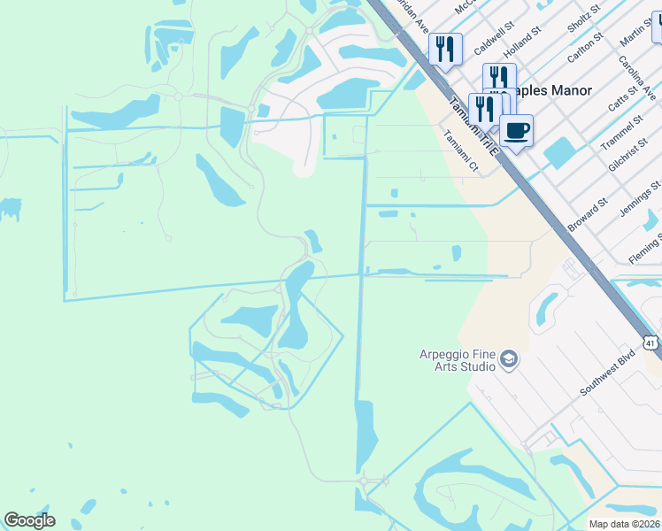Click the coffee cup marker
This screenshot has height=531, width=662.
coord(516,132)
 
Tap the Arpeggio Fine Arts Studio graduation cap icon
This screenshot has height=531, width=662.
coord(508,358)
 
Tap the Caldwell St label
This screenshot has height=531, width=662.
coord(494,41)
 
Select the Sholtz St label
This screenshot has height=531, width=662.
coord(583,15)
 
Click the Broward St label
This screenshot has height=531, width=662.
coord(588,215)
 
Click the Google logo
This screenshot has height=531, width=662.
coord(29,520)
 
